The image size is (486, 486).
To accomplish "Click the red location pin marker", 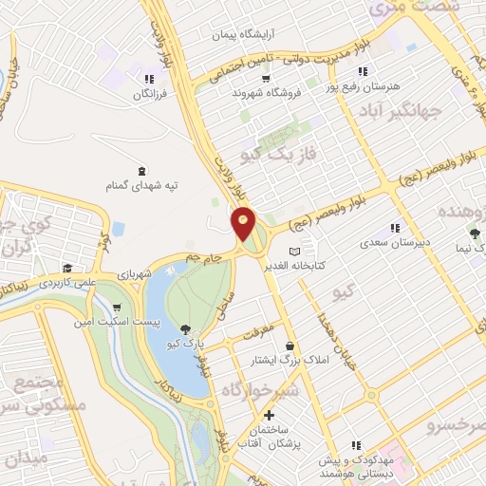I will pyautogui.click(x=243, y=223).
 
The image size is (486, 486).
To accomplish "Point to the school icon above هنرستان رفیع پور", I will pyautogui.click(x=362, y=71).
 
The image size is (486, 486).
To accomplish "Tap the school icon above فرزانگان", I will pyautogui.click(x=148, y=79).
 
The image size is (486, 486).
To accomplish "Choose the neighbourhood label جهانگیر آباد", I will pyautogui.click(x=401, y=113).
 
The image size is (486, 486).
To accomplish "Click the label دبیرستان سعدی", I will pyautogui.click(x=395, y=242).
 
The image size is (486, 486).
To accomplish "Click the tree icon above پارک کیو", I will pyautogui.click(x=185, y=327).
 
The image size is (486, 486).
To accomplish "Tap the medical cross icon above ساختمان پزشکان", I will pyautogui.click(x=269, y=415).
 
